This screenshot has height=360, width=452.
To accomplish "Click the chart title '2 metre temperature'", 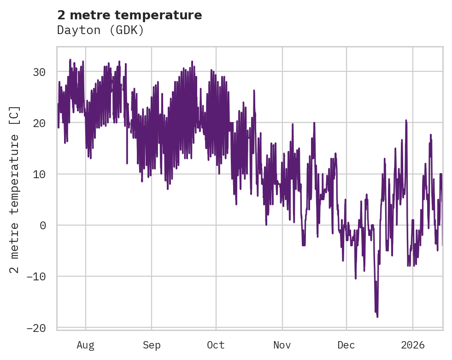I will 129,15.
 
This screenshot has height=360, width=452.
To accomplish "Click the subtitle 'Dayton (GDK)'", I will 100,30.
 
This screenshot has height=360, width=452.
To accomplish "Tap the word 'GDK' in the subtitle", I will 130,30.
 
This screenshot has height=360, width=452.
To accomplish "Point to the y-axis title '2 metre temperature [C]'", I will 15,189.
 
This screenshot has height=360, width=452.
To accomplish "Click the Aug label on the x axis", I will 85,345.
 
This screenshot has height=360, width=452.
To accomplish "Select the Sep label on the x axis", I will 151,345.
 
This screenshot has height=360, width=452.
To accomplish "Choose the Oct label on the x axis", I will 216,345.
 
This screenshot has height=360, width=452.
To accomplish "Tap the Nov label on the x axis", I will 282,345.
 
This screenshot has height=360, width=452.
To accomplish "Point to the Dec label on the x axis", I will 346,345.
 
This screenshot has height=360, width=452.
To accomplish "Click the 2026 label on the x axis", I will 412,345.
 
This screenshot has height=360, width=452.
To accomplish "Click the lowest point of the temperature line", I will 377,317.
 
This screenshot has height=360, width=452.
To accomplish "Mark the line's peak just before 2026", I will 406,120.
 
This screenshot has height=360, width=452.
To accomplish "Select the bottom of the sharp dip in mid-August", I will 127,163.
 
